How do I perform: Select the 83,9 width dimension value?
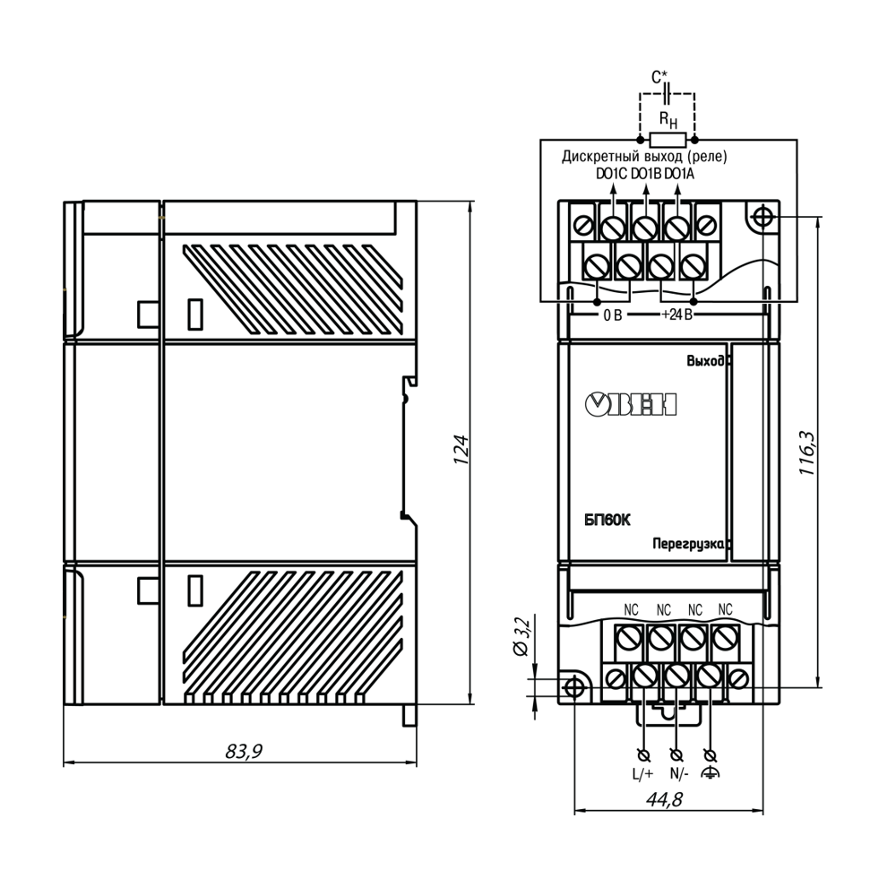point(244,751)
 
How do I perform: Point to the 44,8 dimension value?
point(665,799)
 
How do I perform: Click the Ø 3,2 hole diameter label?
point(522,636)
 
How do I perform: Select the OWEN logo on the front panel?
point(631,404)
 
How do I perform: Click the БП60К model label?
point(607,520)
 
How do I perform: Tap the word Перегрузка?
point(688,544)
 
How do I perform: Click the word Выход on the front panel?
point(705,361)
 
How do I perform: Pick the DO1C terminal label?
point(611,174)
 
